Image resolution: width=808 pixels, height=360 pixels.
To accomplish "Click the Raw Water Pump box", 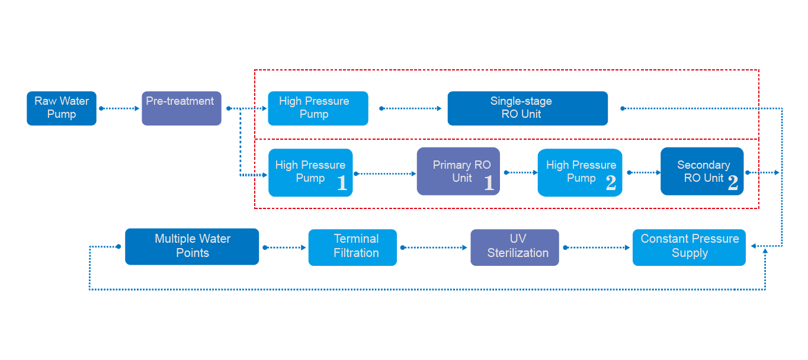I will point(62,108).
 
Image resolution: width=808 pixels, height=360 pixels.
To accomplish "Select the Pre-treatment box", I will point(181,108).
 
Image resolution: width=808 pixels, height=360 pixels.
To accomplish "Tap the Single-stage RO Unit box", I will point(527,108).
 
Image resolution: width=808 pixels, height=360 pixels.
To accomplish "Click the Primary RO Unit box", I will point(458,172).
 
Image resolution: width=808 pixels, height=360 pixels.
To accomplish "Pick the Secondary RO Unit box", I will point(701,172).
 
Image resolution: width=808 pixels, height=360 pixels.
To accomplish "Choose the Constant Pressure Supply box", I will point(689,247).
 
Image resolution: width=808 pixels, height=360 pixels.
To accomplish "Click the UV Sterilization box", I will point(514,247).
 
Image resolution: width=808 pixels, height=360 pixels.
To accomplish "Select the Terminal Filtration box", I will point(352,247).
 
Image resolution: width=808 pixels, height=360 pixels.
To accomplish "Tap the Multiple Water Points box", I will point(192,246).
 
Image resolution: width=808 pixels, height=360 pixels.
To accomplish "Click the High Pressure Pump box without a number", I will point(318,108).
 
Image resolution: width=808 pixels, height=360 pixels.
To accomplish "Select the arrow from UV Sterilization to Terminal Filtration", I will point(434,247).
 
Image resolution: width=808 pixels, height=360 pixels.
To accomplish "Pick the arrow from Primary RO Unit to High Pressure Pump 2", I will point(519,173).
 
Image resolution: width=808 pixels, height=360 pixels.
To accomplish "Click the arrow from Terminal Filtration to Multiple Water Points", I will point(284,247).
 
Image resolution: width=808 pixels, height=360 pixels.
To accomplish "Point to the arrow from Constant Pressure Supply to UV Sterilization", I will point(596,247).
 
